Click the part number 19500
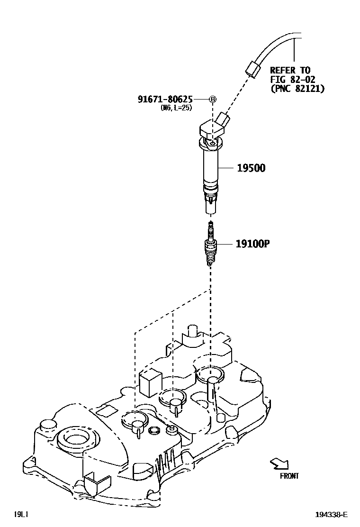click(251, 168)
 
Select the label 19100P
click(253, 244)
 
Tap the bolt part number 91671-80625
click(165, 99)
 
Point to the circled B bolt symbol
click(213, 99)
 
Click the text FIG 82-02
click(293, 79)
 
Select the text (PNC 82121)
click(297, 88)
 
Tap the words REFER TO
click(290, 70)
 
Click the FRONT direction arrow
click(279, 463)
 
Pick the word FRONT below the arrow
click(289, 476)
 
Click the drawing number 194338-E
click(332, 515)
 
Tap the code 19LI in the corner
click(22, 514)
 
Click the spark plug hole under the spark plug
click(210, 375)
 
